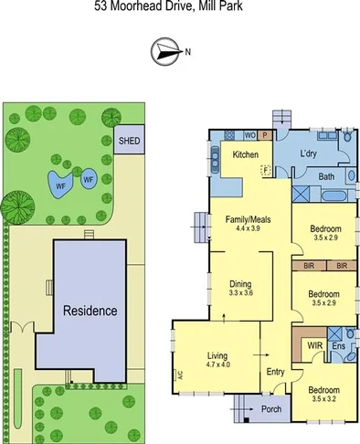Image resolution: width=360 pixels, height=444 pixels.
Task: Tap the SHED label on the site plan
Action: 129,142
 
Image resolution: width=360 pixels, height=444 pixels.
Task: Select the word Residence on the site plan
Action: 90,311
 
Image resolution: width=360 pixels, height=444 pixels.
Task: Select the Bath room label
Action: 325,176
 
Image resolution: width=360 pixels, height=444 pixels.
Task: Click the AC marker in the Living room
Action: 180,373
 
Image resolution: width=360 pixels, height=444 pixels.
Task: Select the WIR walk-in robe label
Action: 314,346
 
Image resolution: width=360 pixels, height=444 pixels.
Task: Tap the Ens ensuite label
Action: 339,347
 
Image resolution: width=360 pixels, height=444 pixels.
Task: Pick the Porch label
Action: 271,408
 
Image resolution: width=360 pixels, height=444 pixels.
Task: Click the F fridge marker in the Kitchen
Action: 265,170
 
